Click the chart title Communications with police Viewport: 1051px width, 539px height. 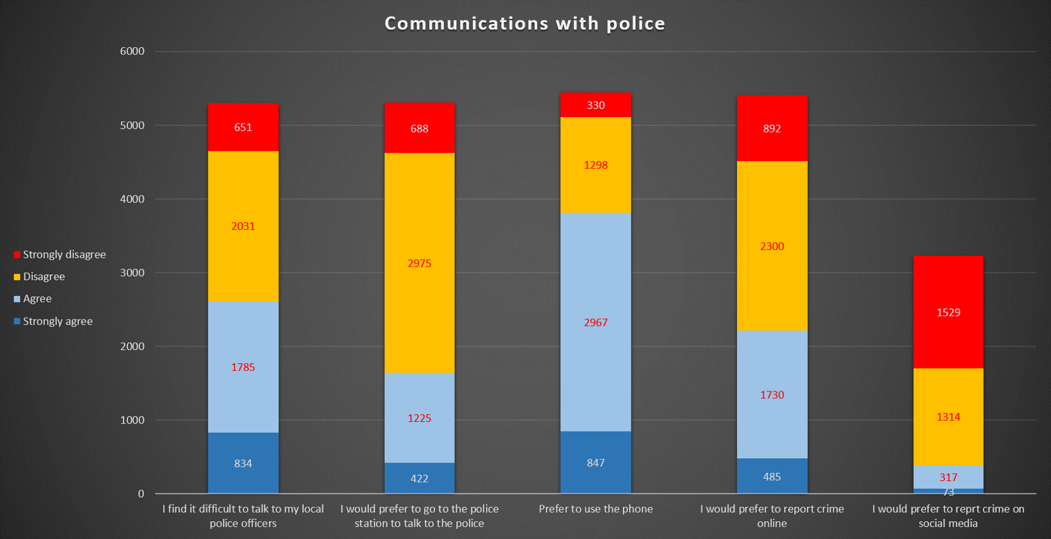(x=525, y=24)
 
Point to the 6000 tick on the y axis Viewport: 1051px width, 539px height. (x=132, y=52)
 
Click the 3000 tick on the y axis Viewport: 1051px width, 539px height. (x=132, y=273)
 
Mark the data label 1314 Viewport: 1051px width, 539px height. (x=948, y=417)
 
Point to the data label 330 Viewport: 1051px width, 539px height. (x=596, y=106)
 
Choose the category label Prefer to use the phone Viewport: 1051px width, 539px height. (x=596, y=509)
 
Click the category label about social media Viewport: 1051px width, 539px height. (x=948, y=516)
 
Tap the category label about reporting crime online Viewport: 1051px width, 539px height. (x=772, y=516)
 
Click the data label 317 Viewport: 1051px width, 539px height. (x=948, y=477)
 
